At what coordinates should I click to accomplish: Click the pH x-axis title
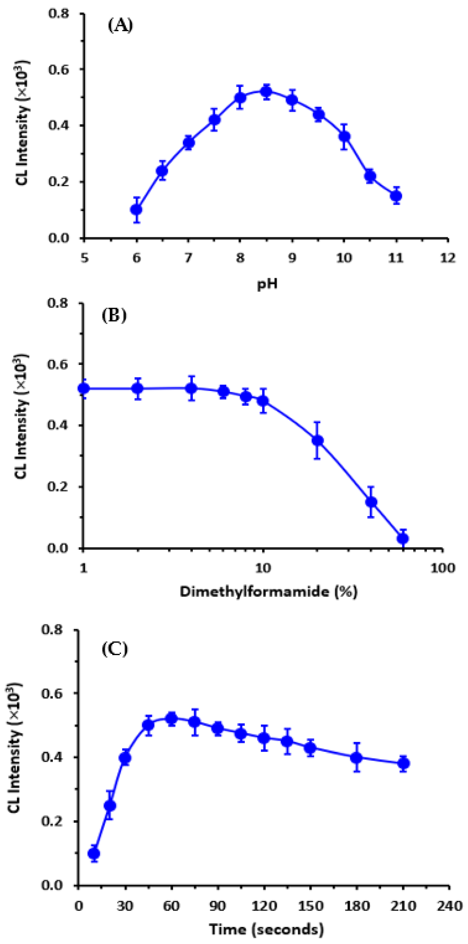pyautogui.click(x=267, y=284)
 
